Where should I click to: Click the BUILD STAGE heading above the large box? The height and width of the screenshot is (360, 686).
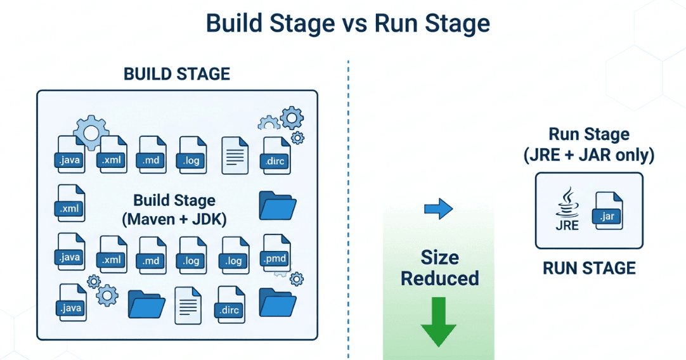[x=176, y=74]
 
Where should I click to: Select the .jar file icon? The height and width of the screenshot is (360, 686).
[x=607, y=212]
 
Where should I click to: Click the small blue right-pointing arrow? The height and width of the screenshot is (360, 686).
[x=438, y=209]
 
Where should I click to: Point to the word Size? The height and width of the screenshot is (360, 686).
[x=439, y=257]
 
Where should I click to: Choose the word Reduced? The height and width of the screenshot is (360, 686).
[x=439, y=278]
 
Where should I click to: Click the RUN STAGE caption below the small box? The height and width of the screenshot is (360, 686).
[x=589, y=268]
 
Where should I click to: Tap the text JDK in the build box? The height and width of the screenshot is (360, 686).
[x=207, y=220]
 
